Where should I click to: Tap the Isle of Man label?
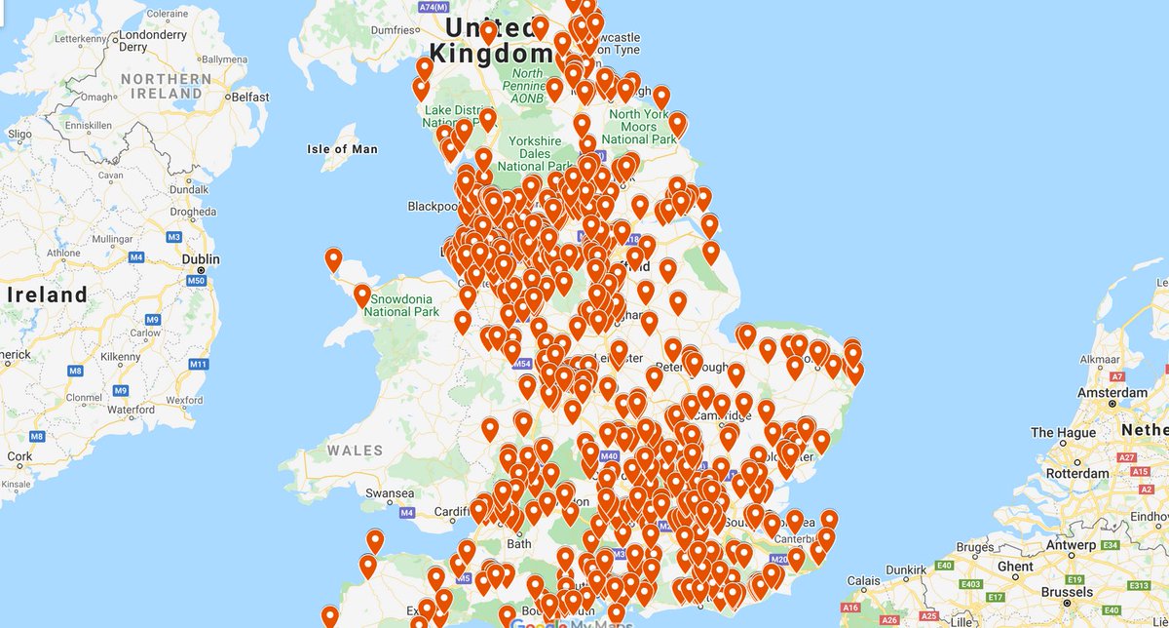[342, 149]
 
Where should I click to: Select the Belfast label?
[249, 98]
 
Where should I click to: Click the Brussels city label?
[1066, 592]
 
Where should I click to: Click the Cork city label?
[19, 455]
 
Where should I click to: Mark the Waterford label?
[132, 410]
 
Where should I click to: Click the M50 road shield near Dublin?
[197, 282]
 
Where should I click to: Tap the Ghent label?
[1015, 567]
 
